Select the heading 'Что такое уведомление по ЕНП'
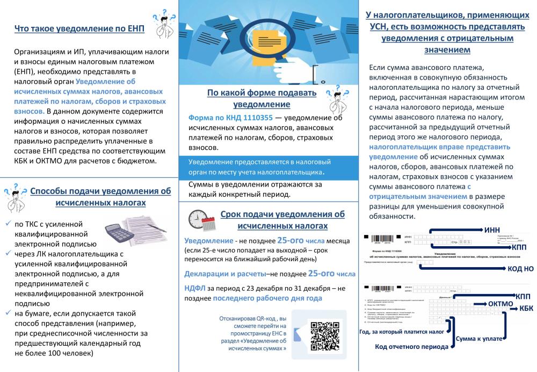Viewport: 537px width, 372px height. click(79, 29)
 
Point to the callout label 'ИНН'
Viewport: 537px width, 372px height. click(492, 230)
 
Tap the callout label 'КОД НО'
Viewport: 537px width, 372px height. click(520, 268)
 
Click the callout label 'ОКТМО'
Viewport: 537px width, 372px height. click(500, 304)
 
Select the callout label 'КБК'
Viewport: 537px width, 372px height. click(526, 308)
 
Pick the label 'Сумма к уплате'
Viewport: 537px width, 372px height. click(479, 339)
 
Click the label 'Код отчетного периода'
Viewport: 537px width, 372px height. click(411, 347)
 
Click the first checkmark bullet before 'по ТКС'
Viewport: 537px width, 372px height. click(7, 223)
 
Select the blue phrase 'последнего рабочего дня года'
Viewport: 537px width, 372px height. click(267, 298)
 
